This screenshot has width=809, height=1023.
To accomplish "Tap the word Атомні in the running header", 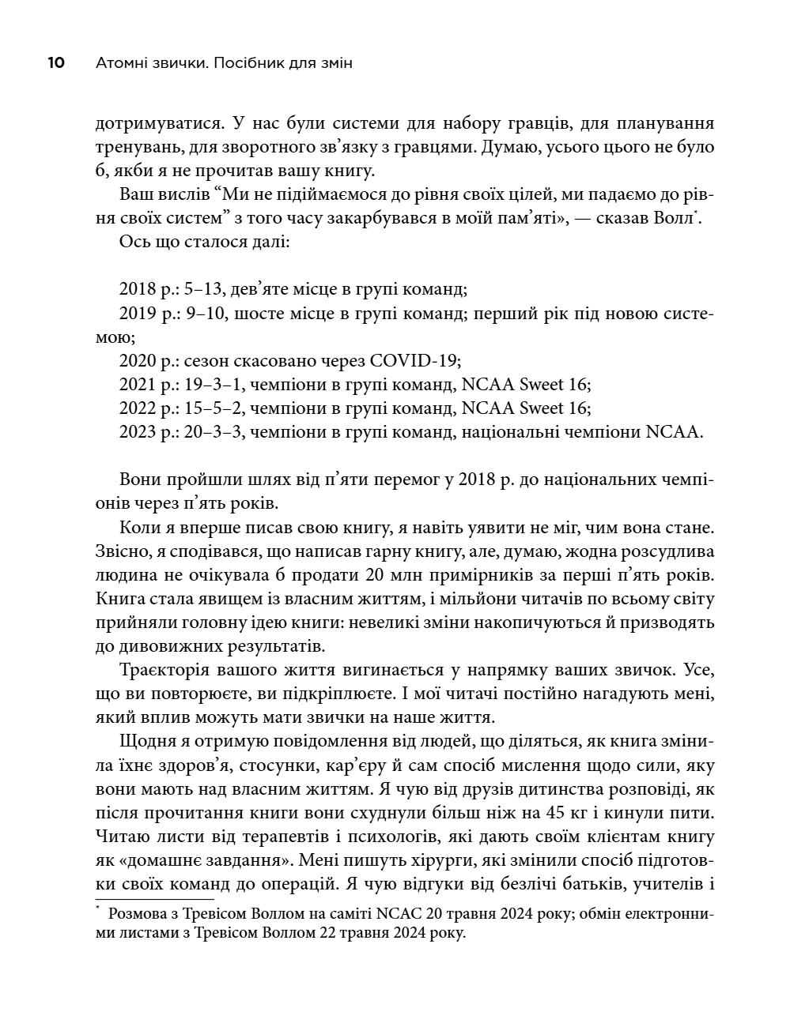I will pos(119,63).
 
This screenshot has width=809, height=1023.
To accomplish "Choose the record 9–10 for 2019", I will pos(205,314).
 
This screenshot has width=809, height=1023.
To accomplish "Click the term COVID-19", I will pos(414,361).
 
